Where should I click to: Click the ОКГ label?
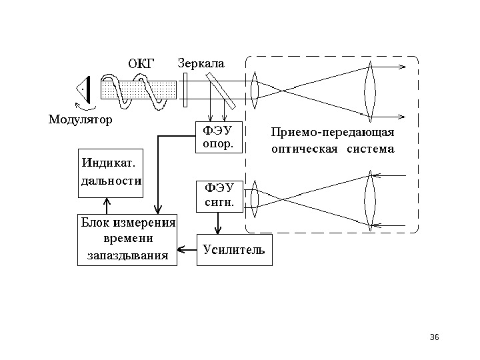click(x=141, y=64)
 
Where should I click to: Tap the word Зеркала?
click(x=201, y=63)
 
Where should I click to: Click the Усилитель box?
click(x=234, y=250)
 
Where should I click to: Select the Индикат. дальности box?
click(x=111, y=173)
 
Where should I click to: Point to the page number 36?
click(x=435, y=337)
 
